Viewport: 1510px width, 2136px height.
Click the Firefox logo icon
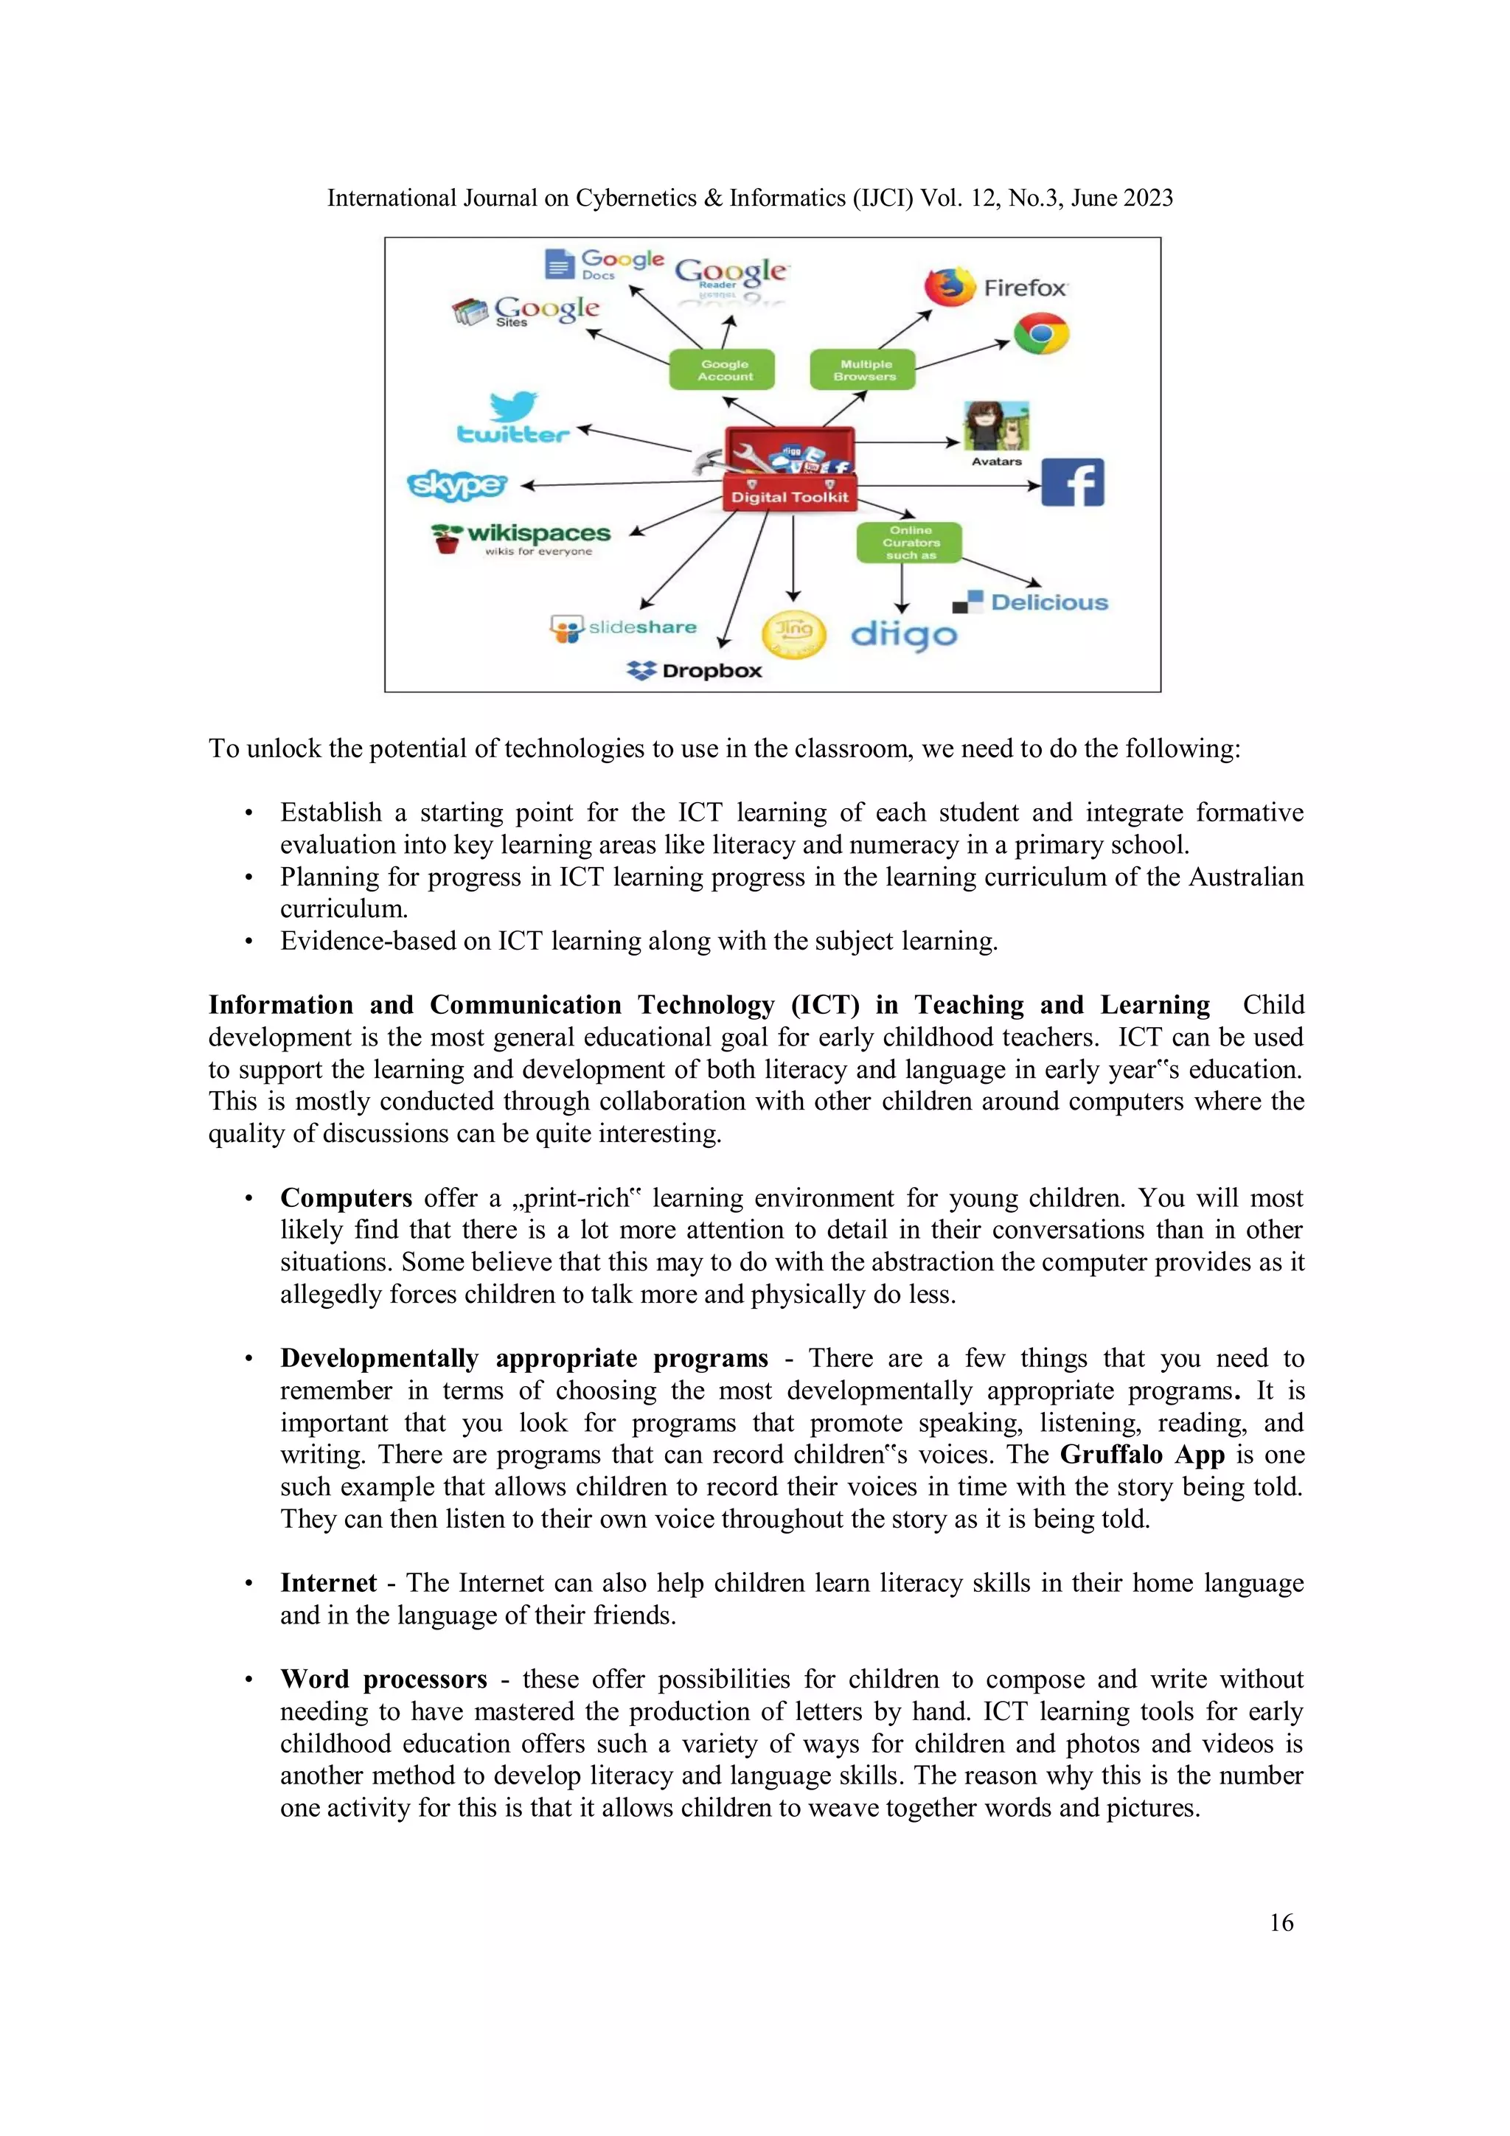pos(949,287)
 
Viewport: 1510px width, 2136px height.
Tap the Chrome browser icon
pos(1040,334)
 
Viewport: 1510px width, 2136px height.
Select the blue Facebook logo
pos(1072,482)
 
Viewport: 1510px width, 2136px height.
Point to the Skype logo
pos(457,484)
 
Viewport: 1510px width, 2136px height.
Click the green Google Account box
pos(723,369)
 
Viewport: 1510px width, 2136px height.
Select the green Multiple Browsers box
pos(863,369)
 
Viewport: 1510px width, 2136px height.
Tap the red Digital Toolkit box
pos(789,496)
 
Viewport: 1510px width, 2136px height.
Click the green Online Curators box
pos(909,543)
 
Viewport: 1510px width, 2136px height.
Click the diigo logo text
pos(903,635)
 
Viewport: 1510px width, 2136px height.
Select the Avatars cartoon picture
pos(995,426)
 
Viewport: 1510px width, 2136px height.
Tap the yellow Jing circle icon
pos(793,633)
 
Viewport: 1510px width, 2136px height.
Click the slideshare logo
pos(622,628)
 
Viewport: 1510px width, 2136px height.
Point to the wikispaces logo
pos(521,537)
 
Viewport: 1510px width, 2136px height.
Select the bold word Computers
pos(346,1197)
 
